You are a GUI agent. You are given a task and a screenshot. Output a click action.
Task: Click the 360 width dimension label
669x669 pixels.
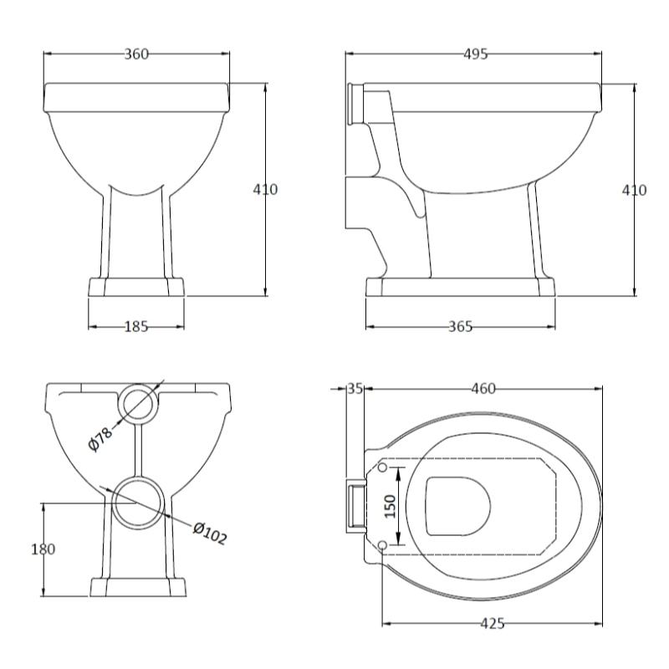click(136, 54)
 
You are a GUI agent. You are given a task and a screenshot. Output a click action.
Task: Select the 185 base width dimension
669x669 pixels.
click(136, 327)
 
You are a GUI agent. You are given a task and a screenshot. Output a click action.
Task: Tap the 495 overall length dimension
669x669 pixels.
click(475, 54)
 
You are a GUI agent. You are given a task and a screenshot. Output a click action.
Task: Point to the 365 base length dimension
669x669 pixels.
click(461, 327)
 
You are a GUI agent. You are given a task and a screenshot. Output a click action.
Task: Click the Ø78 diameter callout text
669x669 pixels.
click(100, 438)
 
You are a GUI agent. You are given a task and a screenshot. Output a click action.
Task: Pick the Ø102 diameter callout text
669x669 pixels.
click(210, 534)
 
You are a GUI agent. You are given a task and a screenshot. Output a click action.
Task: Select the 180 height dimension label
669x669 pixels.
click(43, 549)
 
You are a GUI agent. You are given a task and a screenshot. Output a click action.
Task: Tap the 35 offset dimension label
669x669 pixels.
click(355, 389)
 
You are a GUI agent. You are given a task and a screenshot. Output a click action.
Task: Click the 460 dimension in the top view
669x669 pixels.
click(483, 389)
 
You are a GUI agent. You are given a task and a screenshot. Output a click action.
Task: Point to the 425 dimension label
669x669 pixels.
click(493, 623)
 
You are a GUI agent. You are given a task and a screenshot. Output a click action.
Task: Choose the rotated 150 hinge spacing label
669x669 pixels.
click(391, 506)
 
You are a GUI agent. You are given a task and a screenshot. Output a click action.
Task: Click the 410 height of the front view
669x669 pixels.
click(265, 189)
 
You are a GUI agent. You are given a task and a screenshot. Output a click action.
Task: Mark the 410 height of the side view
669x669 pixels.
click(635, 190)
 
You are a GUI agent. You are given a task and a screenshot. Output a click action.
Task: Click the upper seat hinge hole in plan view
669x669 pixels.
click(383, 467)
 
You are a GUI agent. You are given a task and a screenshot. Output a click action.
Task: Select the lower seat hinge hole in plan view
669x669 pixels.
click(383, 545)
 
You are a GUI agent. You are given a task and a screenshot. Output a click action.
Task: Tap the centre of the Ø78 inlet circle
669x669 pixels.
click(137, 404)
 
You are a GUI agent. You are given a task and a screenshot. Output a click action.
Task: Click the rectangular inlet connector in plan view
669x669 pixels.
click(356, 506)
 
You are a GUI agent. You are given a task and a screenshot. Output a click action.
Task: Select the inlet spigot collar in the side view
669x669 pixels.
click(355, 104)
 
